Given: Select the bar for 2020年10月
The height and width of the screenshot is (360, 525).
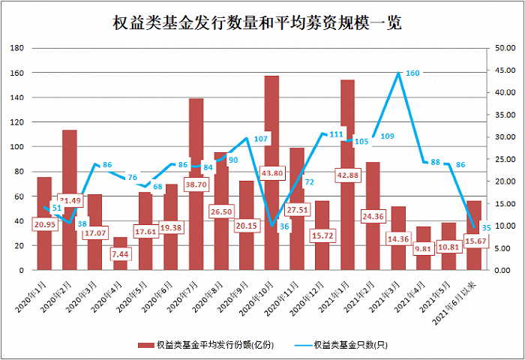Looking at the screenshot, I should tap(271, 150).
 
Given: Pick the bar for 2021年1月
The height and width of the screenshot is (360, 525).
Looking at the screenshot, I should tap(347, 150).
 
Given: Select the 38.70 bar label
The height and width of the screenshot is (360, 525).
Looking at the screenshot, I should tap(196, 184).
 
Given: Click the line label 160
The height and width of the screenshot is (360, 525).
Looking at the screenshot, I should tap(412, 73).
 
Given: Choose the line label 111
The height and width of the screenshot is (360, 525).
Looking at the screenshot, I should tap(336, 135).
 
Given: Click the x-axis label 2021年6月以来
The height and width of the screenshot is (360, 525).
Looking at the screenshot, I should tap(460, 300).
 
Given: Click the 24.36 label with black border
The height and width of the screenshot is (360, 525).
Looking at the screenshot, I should tap(373, 217).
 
